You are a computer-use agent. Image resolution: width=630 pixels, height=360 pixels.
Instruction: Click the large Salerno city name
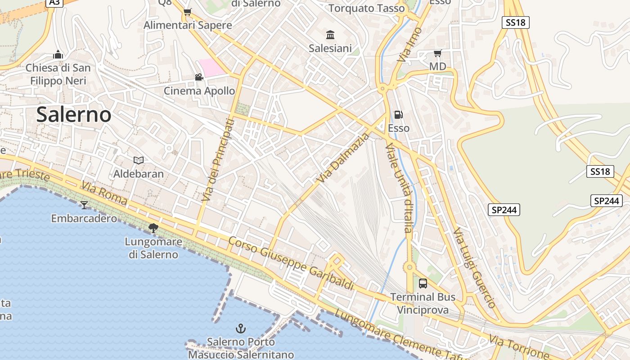click(74, 114)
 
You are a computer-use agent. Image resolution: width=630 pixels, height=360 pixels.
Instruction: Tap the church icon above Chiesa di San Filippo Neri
click(58, 55)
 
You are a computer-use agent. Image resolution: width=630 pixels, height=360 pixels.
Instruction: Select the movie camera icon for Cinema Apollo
click(199, 77)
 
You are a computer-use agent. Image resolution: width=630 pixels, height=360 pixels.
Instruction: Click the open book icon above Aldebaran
click(139, 160)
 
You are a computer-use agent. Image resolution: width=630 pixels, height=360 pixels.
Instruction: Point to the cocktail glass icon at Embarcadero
click(84, 205)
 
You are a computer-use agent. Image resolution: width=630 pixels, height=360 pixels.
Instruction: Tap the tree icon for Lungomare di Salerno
click(153, 228)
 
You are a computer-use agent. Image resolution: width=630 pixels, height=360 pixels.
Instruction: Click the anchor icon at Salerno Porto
click(241, 328)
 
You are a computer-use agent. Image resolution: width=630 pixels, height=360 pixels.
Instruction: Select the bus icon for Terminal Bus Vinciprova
click(423, 283)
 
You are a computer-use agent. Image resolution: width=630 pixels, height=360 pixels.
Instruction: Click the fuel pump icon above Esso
click(398, 115)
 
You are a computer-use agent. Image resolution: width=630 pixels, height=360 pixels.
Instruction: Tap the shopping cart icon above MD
click(437, 54)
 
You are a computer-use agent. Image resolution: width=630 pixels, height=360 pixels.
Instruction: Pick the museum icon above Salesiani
click(330, 35)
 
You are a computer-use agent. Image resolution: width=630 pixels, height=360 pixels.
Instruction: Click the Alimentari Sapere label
click(188, 25)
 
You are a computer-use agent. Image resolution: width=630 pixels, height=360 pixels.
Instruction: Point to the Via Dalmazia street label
click(342, 157)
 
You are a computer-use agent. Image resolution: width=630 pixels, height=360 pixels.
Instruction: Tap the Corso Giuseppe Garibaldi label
click(291, 263)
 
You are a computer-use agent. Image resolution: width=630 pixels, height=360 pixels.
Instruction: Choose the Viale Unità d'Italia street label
click(399, 188)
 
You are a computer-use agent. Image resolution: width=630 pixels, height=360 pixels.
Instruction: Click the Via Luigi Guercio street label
click(474, 267)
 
